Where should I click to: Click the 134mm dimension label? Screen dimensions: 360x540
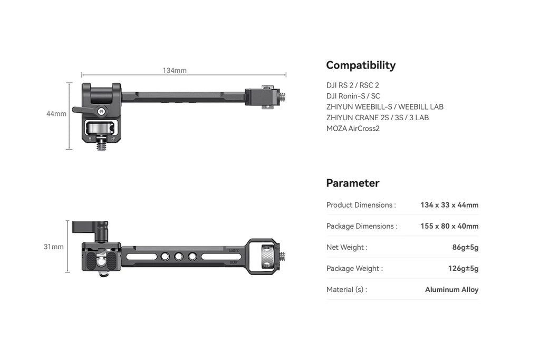(174, 70)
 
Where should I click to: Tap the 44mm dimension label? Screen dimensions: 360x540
(56, 113)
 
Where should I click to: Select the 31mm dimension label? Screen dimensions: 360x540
(54, 246)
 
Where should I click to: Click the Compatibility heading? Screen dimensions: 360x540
(360, 65)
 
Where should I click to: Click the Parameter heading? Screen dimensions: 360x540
(352, 183)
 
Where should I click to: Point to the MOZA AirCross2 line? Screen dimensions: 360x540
(353, 128)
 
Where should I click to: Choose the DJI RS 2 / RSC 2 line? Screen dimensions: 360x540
(352, 85)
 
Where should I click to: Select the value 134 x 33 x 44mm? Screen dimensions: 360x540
(449, 205)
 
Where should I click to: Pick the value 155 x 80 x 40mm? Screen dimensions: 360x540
(449, 226)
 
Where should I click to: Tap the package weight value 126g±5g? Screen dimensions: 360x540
(463, 268)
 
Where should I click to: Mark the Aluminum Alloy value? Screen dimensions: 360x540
(452, 289)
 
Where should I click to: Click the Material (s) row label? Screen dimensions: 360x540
(346, 289)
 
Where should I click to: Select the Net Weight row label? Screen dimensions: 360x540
(346, 247)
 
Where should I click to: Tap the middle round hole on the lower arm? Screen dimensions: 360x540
(179, 256)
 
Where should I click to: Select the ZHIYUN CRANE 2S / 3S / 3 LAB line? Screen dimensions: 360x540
(378, 118)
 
